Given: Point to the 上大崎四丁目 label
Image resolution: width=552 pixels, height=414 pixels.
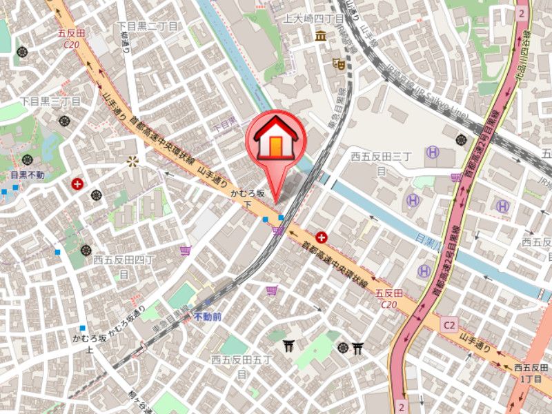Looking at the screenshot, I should coord(313,19).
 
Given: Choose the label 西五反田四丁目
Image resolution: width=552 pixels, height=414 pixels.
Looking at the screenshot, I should coord(124,266).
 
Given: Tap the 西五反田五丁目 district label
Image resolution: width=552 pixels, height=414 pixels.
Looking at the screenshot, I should coord(241,366).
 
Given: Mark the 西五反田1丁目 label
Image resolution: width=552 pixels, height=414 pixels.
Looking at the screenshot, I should coord(531,373).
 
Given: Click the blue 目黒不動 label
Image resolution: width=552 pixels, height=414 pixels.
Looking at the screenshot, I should coord(28,175).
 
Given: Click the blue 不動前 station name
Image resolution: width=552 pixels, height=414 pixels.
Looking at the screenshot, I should coord(207,317).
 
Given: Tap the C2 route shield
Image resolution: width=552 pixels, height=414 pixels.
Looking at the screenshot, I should coord(450,324).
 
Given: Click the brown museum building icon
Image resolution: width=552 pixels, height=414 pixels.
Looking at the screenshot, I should coord(321,36).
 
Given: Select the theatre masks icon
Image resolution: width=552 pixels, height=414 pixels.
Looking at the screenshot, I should coord(338,63).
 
